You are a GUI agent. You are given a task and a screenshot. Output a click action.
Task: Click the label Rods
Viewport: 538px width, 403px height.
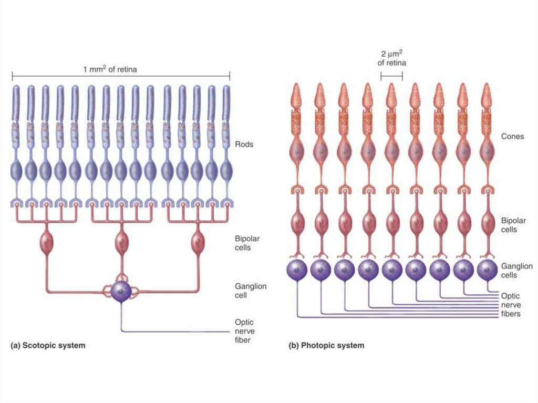point(244,144)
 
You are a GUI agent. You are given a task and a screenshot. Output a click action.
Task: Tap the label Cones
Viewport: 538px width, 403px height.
point(512,137)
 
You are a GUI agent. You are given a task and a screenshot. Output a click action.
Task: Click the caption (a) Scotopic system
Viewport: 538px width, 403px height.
point(48,346)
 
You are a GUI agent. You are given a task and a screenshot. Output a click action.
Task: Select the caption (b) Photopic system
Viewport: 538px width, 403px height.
point(326,346)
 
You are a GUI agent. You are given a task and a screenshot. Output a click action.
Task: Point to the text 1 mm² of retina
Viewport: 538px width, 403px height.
point(110,69)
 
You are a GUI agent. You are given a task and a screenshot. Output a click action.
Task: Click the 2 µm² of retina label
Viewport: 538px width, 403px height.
point(391,58)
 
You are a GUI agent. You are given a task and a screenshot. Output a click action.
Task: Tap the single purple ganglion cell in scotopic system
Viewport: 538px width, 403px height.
point(122,291)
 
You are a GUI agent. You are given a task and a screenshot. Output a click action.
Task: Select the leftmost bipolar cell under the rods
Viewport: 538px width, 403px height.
point(47,243)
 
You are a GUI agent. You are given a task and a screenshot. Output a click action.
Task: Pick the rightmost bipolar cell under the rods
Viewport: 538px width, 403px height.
point(198,243)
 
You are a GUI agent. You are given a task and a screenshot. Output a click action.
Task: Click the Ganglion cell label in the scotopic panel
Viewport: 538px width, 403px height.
point(251,291)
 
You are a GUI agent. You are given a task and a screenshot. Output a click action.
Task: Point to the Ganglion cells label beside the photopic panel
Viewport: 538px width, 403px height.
point(516,271)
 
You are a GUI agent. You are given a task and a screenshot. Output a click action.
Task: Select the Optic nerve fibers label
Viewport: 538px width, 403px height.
point(511,305)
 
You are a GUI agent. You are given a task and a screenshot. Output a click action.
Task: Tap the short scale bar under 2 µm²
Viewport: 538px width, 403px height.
point(391,77)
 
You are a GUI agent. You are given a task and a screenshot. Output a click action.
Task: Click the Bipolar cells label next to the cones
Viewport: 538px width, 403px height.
point(513,225)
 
